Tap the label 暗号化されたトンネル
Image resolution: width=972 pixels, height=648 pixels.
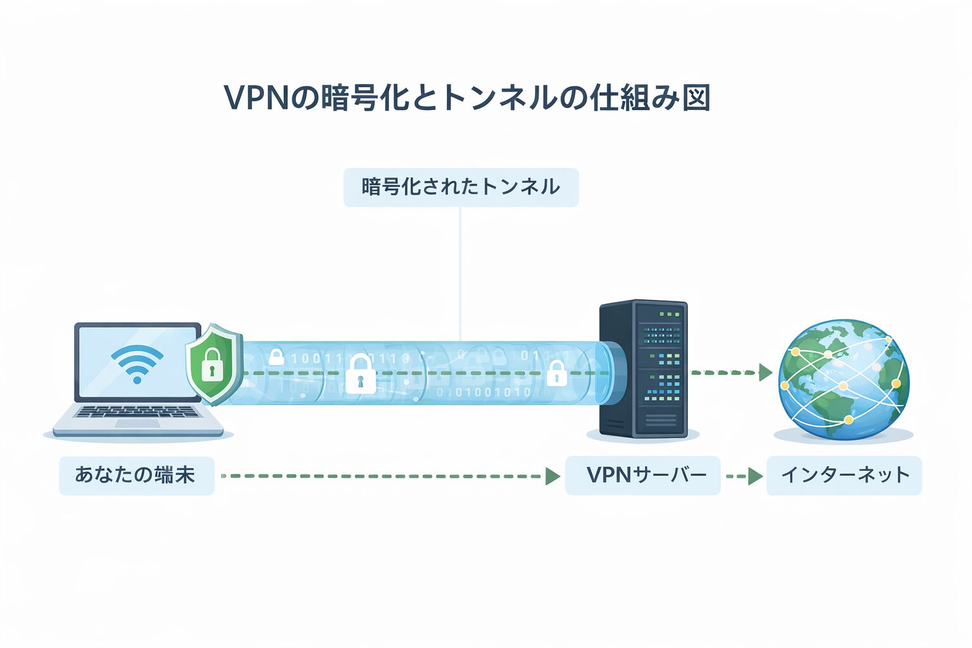(461, 187)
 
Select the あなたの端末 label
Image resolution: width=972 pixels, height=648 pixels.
(136, 475)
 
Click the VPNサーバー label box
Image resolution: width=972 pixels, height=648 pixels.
(642, 475)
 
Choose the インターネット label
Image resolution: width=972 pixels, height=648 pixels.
(844, 475)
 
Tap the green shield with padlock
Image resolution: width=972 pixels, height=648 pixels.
(213, 364)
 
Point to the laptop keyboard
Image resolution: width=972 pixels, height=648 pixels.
(137, 412)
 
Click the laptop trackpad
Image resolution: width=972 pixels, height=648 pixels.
(137, 423)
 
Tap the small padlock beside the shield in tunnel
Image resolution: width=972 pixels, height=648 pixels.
(276, 357)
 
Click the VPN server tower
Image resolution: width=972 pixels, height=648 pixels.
(644, 369)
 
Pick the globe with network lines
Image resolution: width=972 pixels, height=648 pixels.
(844, 380)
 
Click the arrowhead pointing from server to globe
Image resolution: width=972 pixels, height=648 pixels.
(765, 373)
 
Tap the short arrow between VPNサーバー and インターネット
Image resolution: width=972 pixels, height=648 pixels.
(744, 476)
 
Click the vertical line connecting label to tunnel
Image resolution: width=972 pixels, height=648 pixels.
(460, 272)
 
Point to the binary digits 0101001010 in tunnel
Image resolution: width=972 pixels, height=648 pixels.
(484, 392)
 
